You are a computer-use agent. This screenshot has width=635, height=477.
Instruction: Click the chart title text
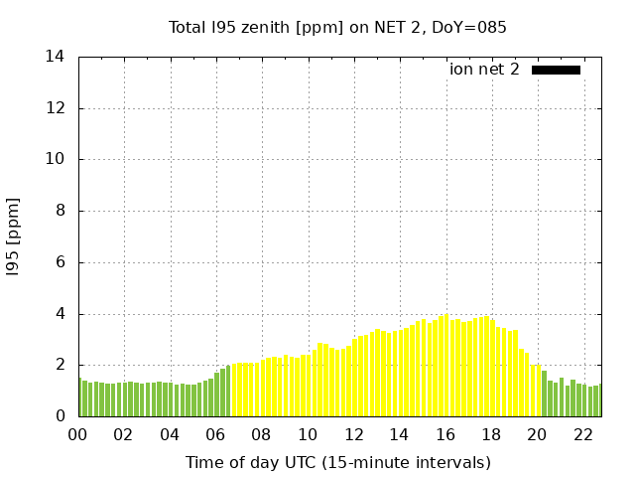click(337, 27)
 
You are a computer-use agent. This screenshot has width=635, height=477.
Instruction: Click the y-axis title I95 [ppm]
click(14, 237)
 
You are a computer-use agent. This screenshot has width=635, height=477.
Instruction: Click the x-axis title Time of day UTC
click(337, 462)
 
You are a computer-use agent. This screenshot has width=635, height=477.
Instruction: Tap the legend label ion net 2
click(484, 69)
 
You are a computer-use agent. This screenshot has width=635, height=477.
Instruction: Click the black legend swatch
click(556, 70)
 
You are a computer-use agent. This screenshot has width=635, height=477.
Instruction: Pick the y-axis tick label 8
click(61, 211)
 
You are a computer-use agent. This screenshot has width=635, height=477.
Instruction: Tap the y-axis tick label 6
click(61, 262)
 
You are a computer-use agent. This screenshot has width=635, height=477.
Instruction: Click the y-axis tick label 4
click(61, 314)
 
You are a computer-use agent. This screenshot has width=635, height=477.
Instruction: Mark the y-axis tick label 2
click(61, 365)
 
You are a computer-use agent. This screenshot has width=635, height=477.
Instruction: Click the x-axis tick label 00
click(77, 434)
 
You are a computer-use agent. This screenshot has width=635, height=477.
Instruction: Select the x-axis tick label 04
click(170, 434)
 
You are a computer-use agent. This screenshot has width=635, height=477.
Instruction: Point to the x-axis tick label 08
click(261, 434)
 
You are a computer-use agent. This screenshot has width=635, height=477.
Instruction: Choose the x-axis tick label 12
click(353, 434)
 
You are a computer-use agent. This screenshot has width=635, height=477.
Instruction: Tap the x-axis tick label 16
click(444, 434)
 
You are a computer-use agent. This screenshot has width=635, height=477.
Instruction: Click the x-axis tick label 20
click(537, 434)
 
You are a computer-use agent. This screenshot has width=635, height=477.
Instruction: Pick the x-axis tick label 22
click(582, 434)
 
